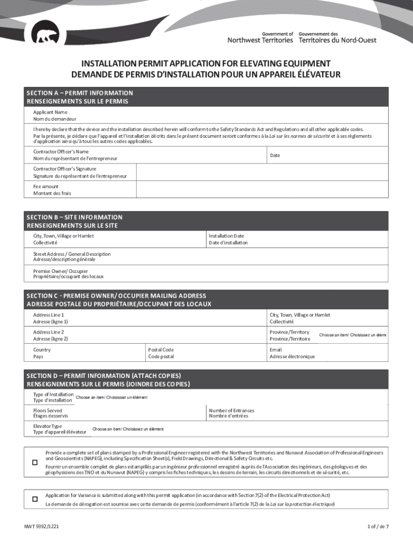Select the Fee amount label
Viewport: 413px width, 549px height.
pyautogui.click(x=52, y=190)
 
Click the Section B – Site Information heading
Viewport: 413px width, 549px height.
pyautogui.click(x=75, y=221)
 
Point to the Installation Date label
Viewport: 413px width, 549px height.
pyautogui.click(x=228, y=239)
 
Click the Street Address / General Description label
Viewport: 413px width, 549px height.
pyautogui.click(x=72, y=257)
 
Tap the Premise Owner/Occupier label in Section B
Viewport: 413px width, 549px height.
pyautogui.click(x=69, y=274)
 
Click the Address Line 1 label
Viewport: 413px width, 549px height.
pyautogui.click(x=50, y=318)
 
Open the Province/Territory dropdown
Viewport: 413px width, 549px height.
pyautogui.click(x=352, y=335)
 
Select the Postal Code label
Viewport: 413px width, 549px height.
pyautogui.click(x=161, y=353)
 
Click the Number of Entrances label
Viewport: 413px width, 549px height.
pyautogui.click(x=231, y=413)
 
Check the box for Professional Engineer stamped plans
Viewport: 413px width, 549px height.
pyautogui.click(x=35, y=462)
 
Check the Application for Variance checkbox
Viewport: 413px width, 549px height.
pyautogui.click(x=35, y=499)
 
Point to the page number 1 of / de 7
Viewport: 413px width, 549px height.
pyautogui.click(x=378, y=526)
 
